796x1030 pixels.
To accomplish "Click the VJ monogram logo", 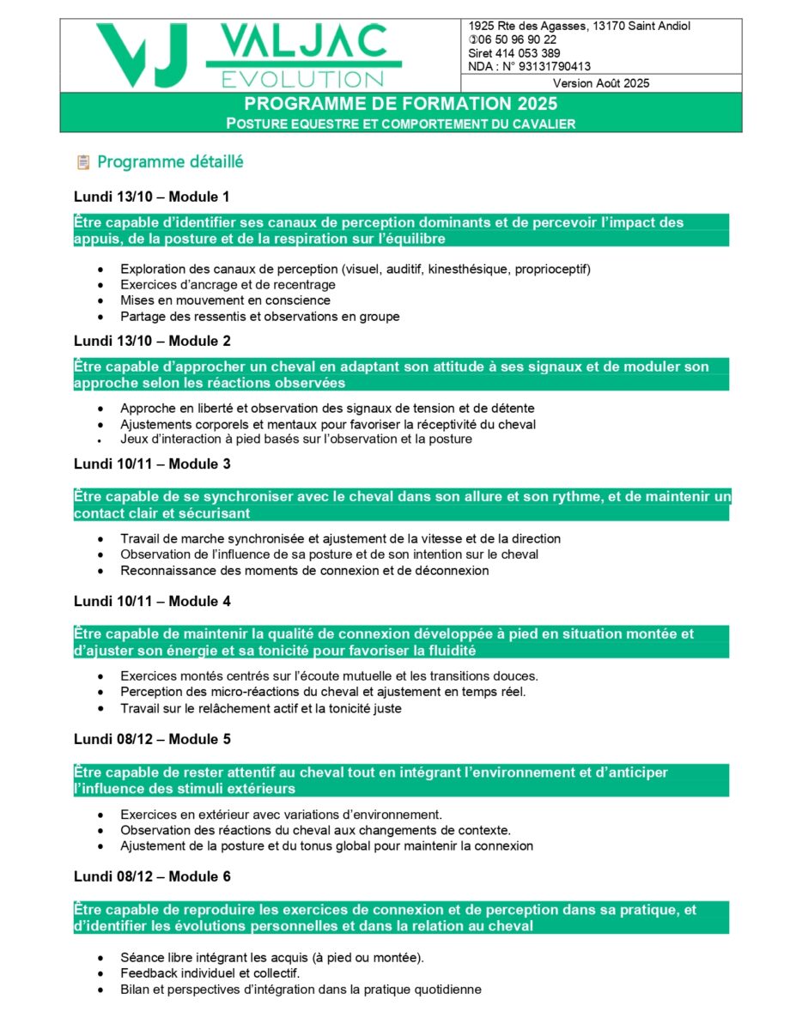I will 142,54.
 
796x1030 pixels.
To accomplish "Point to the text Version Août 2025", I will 601,83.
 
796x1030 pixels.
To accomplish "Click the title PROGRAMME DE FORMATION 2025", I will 400,104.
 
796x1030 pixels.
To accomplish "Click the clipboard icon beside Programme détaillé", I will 83,161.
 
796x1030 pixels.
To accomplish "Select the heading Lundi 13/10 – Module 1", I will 152,197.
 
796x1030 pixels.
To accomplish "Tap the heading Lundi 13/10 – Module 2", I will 152,341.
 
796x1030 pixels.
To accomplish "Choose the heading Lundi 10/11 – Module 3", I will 152,464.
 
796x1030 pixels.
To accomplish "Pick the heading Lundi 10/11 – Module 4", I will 152,602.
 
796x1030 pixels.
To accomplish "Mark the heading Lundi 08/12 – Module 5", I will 152,739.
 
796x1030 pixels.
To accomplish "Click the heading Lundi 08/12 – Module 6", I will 152,876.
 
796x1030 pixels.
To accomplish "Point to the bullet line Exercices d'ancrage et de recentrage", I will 228,285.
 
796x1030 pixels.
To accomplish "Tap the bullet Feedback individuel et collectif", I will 210,973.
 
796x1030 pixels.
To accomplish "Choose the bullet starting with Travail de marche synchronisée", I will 340,539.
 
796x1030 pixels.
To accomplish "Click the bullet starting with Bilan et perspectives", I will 301,990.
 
